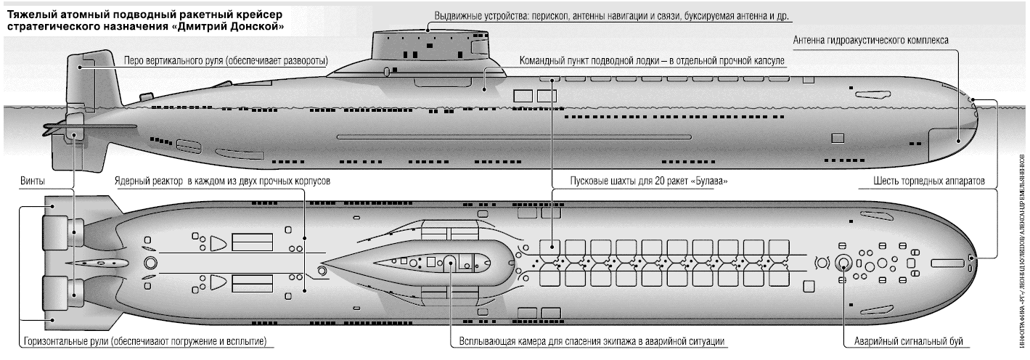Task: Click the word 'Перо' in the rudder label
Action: pos(134,61)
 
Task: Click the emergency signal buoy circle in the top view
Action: pos(843,263)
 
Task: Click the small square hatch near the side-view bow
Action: pos(838,137)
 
